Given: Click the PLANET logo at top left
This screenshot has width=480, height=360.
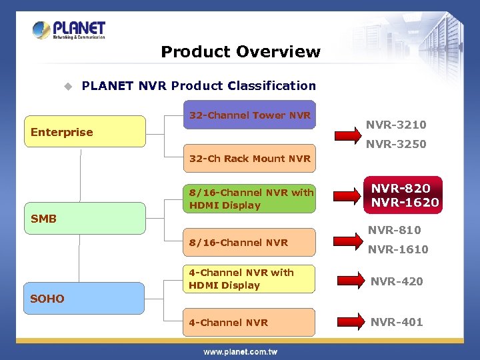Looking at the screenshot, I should [69, 30].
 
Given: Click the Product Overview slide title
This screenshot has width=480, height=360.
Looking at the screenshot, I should [240, 51].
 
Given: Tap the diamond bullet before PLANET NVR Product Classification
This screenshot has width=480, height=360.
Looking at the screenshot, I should [67, 86].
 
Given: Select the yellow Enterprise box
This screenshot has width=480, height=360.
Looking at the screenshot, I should [85, 131].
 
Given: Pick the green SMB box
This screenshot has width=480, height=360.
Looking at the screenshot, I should [85, 218].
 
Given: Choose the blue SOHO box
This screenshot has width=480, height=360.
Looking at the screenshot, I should [85, 298].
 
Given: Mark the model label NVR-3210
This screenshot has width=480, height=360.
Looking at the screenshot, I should [396, 125].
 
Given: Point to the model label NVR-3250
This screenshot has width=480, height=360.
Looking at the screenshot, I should [396, 144].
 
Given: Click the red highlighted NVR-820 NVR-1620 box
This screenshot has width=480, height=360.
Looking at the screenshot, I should [405, 195].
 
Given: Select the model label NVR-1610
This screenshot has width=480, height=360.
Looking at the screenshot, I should [398, 249].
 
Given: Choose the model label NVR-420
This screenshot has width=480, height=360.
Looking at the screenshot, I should [397, 281].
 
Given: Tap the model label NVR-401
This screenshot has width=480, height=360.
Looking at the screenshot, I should [397, 322].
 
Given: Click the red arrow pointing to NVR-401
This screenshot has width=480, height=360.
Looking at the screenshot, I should [347, 322].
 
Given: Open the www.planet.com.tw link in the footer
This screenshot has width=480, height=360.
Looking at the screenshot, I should [240, 351].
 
